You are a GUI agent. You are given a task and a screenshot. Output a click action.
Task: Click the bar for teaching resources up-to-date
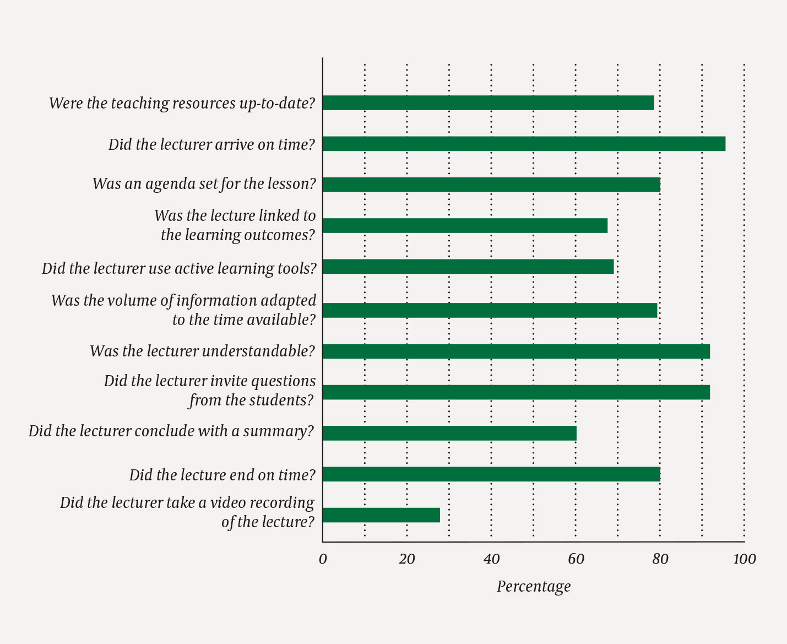pyautogui.click(x=488, y=103)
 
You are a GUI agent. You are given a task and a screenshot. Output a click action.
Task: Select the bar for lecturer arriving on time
pyautogui.click(x=523, y=144)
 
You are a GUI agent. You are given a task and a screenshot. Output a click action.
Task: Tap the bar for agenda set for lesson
pyautogui.click(x=491, y=185)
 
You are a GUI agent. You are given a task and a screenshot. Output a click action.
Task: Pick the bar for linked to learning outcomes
pyautogui.click(x=465, y=226)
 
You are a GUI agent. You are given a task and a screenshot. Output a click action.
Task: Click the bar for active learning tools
pyautogui.click(x=468, y=267)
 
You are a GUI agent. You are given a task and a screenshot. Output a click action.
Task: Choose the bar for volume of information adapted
pyautogui.click(x=490, y=311)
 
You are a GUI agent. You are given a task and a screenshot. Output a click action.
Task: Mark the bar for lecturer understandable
pyautogui.click(x=516, y=351)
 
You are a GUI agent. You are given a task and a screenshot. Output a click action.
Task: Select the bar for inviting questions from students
pyautogui.click(x=516, y=392)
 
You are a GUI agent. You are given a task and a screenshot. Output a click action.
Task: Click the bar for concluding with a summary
pyautogui.click(x=449, y=434)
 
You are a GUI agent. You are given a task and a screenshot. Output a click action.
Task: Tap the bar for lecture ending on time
pyautogui.click(x=491, y=474)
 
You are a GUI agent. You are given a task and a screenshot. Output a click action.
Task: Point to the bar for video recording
pyautogui.click(x=381, y=515)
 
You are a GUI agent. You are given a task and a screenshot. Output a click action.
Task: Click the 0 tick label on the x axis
pyautogui.click(x=323, y=560)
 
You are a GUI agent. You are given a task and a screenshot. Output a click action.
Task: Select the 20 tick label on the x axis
pyautogui.click(x=407, y=560)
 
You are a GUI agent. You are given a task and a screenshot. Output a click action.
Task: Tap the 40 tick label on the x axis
pyautogui.click(x=491, y=560)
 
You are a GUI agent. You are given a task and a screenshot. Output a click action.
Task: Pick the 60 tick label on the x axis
pyautogui.click(x=576, y=560)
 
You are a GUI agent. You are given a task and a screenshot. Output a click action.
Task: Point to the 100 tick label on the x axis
pyautogui.click(x=745, y=560)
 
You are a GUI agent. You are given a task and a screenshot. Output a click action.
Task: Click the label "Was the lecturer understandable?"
pyautogui.click(x=202, y=351)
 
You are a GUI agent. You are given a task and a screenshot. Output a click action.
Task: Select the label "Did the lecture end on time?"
pyautogui.click(x=222, y=475)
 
